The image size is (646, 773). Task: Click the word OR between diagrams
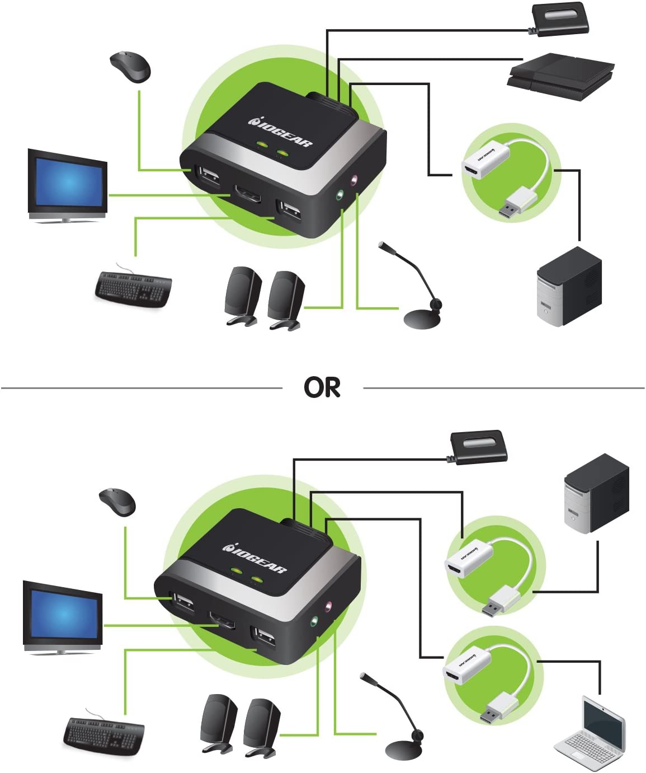322,387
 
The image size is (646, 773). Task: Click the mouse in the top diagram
131,67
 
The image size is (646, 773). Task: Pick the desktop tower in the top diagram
569,287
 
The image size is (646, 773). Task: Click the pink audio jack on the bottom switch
329,606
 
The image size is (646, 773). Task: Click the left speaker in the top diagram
243,296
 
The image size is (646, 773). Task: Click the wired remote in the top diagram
560,18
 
